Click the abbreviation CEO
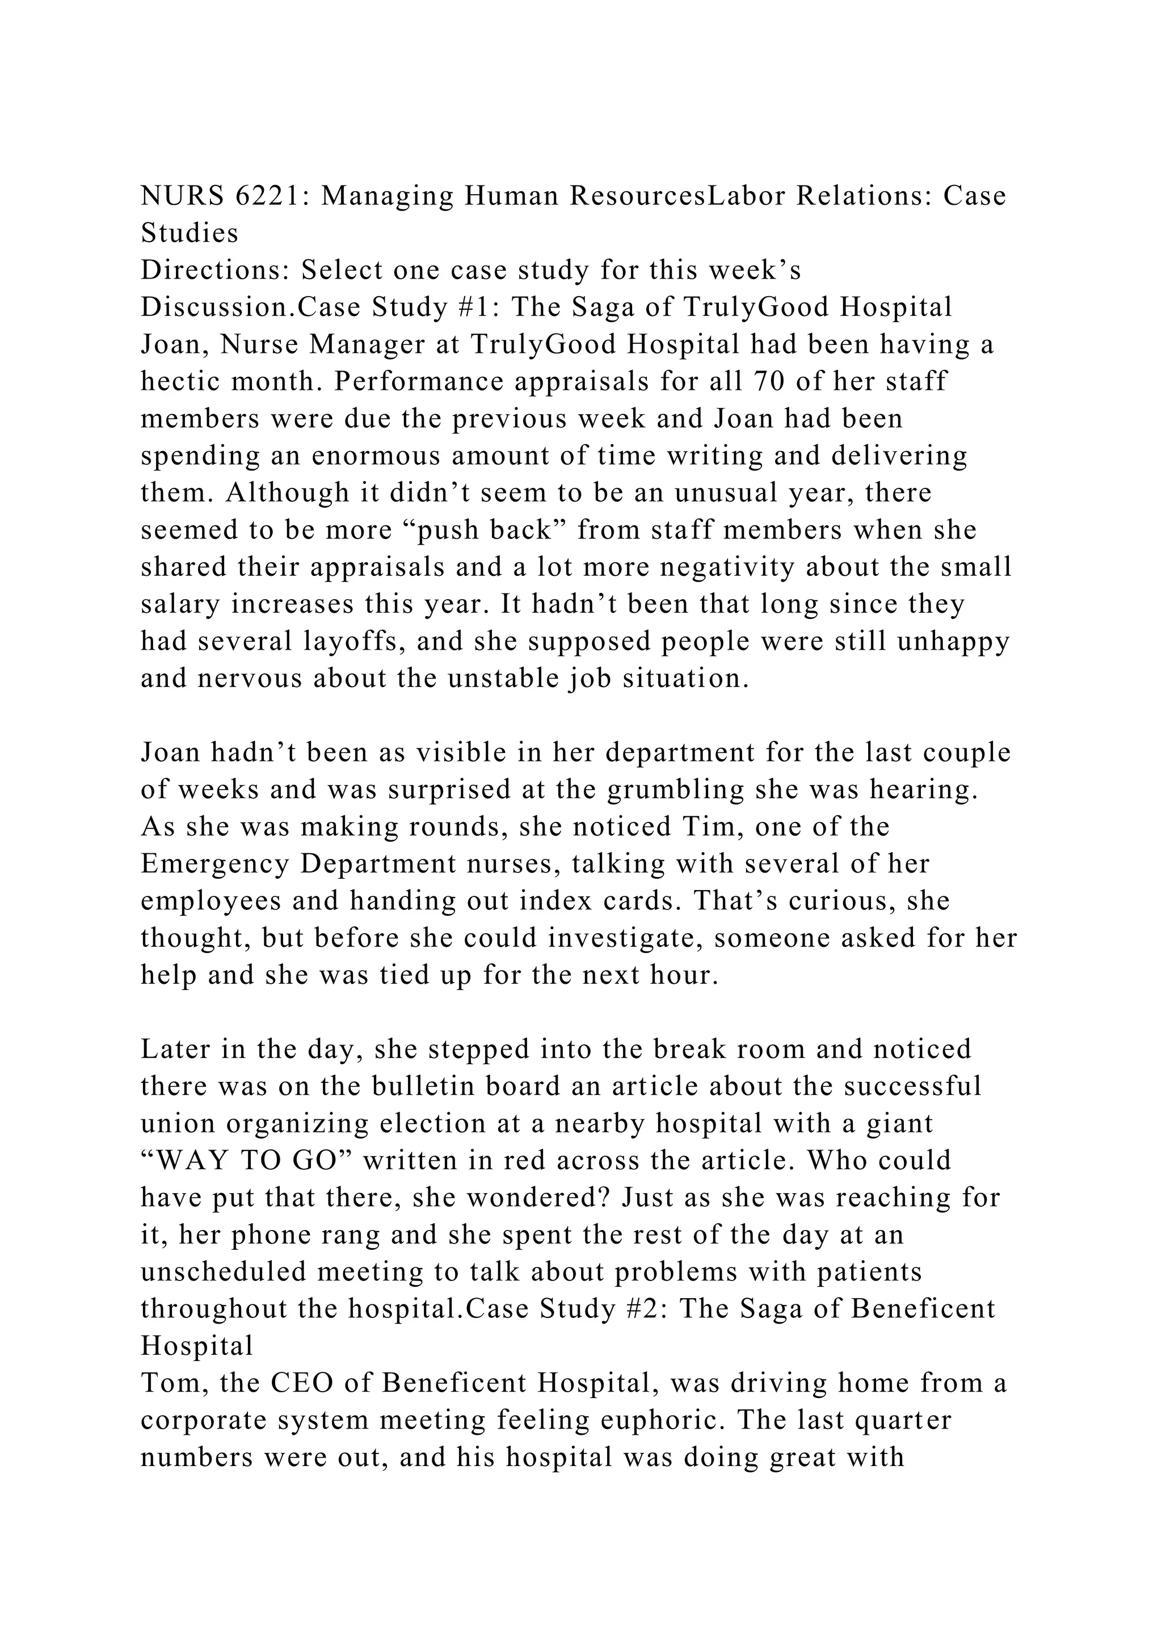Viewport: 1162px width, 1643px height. (x=301, y=1384)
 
